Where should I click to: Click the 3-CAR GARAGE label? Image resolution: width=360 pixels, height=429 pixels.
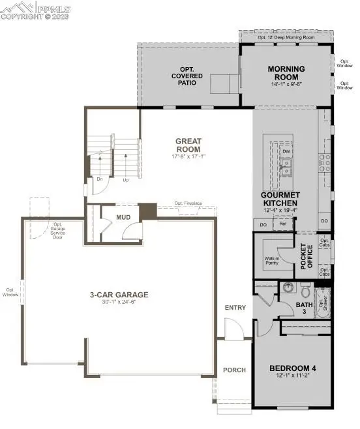click(119, 295)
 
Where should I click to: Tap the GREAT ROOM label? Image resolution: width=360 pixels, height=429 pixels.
click(188, 145)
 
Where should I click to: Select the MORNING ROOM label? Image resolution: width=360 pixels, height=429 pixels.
click(287, 73)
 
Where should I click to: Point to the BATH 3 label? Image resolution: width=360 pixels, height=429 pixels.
click(305, 308)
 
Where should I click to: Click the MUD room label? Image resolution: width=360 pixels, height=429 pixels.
click(123, 218)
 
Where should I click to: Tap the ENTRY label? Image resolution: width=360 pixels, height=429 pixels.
click(234, 307)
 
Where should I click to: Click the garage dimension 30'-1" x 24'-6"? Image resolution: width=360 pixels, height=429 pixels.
click(119, 303)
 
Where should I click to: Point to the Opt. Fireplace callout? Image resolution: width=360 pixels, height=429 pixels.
click(188, 203)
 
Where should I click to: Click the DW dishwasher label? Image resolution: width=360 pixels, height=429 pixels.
click(286, 151)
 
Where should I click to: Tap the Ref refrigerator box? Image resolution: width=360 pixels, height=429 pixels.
click(283, 224)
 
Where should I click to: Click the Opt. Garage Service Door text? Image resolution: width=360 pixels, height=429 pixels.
click(63, 230)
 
